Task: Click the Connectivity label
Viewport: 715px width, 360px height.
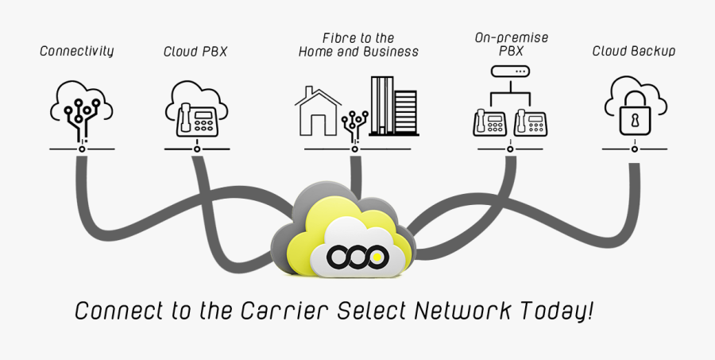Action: (77, 51)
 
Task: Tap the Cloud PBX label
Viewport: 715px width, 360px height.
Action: (195, 52)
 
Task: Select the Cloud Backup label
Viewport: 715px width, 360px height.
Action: (634, 51)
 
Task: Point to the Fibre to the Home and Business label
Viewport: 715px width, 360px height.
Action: (358, 45)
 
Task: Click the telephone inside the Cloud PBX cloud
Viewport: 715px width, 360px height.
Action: (195, 118)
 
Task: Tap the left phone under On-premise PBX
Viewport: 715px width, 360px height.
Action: (491, 122)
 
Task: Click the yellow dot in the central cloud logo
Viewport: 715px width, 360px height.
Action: (380, 256)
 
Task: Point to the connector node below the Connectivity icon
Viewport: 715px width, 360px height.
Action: (82, 149)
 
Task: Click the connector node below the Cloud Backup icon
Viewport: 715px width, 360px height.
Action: (634, 149)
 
